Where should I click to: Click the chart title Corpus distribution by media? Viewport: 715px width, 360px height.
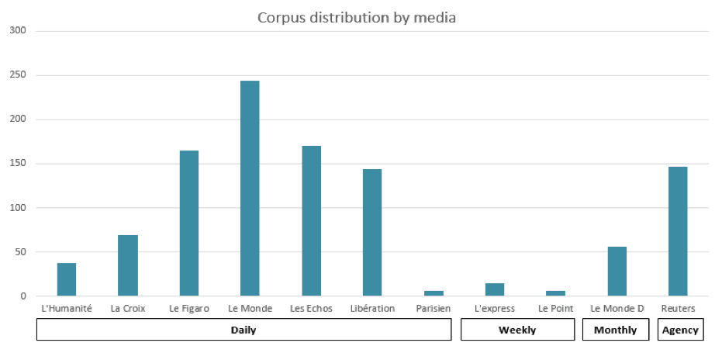pyautogui.click(x=357, y=17)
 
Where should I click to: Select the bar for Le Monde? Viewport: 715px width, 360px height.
pyautogui.click(x=250, y=189)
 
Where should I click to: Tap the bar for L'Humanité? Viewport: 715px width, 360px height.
pyautogui.click(x=67, y=279)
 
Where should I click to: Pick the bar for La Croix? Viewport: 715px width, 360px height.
pyautogui.click(x=128, y=265)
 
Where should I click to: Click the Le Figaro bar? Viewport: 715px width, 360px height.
pyautogui.click(x=189, y=223)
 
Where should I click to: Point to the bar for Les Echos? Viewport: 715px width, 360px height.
pyautogui.click(x=311, y=221)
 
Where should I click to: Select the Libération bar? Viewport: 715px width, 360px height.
pyautogui.click(x=372, y=232)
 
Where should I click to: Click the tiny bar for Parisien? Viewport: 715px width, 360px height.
pyautogui.click(x=433, y=293)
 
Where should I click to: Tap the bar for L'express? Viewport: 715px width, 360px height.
pyautogui.click(x=495, y=289)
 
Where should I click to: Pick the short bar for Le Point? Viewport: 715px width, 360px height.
pyautogui.click(x=555, y=293)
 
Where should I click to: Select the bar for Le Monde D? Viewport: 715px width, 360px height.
pyautogui.click(x=617, y=271)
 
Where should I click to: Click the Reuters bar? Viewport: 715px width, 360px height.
pyautogui.click(x=678, y=231)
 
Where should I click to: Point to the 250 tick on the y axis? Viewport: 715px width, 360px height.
pyautogui.click(x=18, y=75)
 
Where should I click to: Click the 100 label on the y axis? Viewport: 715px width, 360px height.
pyautogui.click(x=18, y=208)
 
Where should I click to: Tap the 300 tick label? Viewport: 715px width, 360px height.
pyautogui.click(x=18, y=31)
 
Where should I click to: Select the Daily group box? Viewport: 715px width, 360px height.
pyautogui.click(x=244, y=330)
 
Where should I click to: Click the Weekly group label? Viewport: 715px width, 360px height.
pyautogui.click(x=517, y=330)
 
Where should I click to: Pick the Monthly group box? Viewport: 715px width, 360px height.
pyautogui.click(x=616, y=330)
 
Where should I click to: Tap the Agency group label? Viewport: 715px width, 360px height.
pyautogui.click(x=680, y=330)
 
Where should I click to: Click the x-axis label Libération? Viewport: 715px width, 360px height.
pyautogui.click(x=371, y=309)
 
